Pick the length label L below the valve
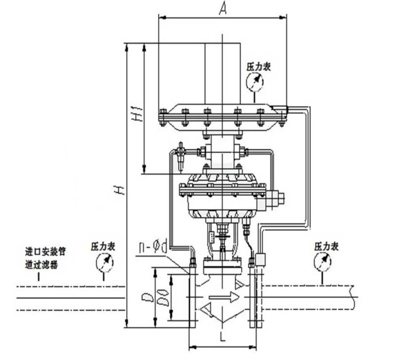(x=222, y=338)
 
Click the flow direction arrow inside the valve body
(x=224, y=297)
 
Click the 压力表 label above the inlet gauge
(x=103, y=247)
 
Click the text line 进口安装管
(x=45, y=252)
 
